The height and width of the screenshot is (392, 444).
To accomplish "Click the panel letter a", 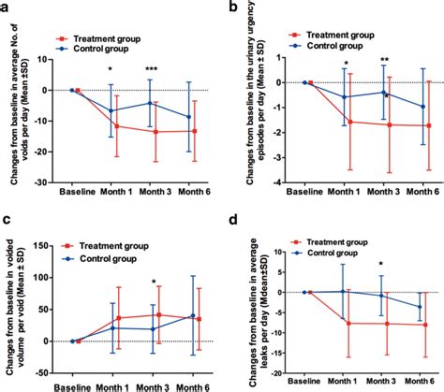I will click(6, 7).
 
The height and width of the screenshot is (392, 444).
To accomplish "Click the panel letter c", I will click(6, 220).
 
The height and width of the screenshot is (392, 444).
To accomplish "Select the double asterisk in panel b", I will click(384, 62).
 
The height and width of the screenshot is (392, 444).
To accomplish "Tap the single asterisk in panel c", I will click(153, 283).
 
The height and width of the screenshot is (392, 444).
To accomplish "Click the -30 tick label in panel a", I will click(54, 181).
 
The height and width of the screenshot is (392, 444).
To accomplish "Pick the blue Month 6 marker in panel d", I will click(419, 306).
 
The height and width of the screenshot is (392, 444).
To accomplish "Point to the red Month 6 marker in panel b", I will click(428, 125).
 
